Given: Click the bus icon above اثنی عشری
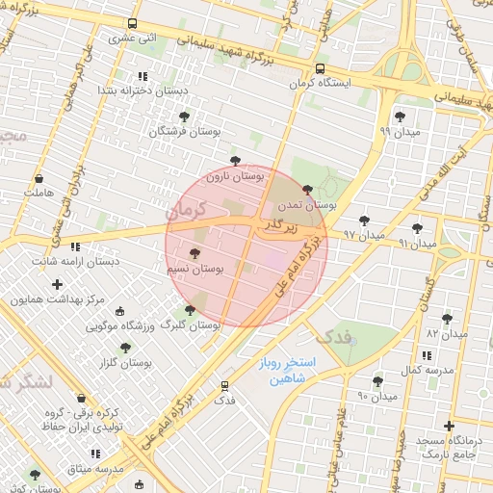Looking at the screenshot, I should coord(132,24).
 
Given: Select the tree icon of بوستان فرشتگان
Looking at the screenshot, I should coord(185,116).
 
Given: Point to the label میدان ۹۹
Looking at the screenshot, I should coord(399,130).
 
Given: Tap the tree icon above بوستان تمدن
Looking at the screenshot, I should coord(307,190).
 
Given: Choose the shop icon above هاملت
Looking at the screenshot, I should coord(39,179).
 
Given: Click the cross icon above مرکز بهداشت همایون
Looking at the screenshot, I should coord(58,284).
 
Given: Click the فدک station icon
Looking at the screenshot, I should coord(225,384).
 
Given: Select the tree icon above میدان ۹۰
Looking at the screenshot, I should coord(377,381).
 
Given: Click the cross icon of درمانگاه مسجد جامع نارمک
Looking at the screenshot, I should coord(449,426).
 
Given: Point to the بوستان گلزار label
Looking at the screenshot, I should coord(125,363).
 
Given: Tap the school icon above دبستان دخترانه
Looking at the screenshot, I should coord(143,75).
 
